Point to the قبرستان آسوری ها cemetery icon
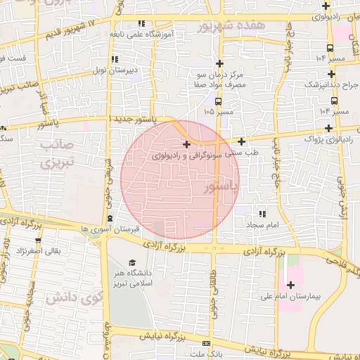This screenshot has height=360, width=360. click(x=110, y=218)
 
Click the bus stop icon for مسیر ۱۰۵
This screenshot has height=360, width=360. click(x=218, y=100)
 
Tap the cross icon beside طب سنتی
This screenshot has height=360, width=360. click(x=241, y=141)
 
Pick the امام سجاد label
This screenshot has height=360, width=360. click(x=262, y=224)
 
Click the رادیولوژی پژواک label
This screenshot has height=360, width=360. click(x=328, y=139)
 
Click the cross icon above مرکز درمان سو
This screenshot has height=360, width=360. click(x=219, y=63)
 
